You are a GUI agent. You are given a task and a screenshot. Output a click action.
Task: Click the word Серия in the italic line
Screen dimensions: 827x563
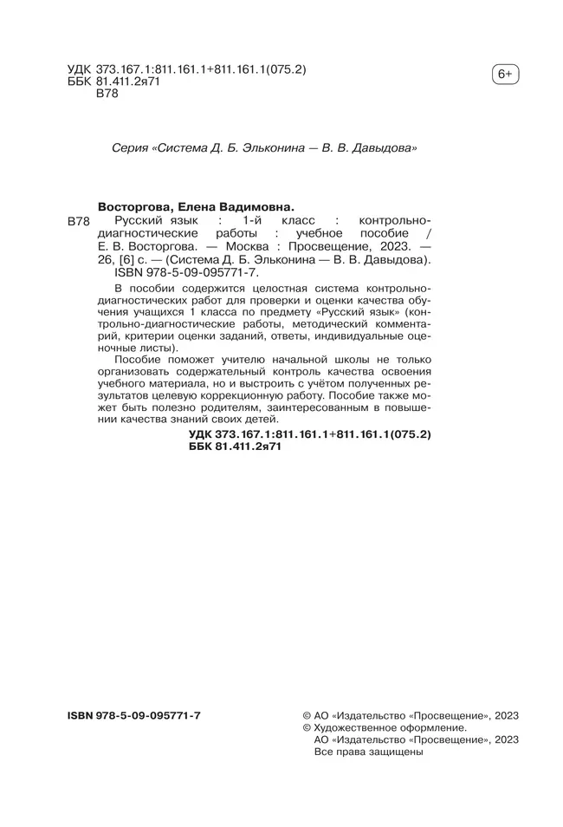(129, 148)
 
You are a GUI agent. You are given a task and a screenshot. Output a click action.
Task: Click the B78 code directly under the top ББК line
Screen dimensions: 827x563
(105, 94)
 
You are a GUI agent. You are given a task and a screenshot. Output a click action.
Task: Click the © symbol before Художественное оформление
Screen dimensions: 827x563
(307, 729)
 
